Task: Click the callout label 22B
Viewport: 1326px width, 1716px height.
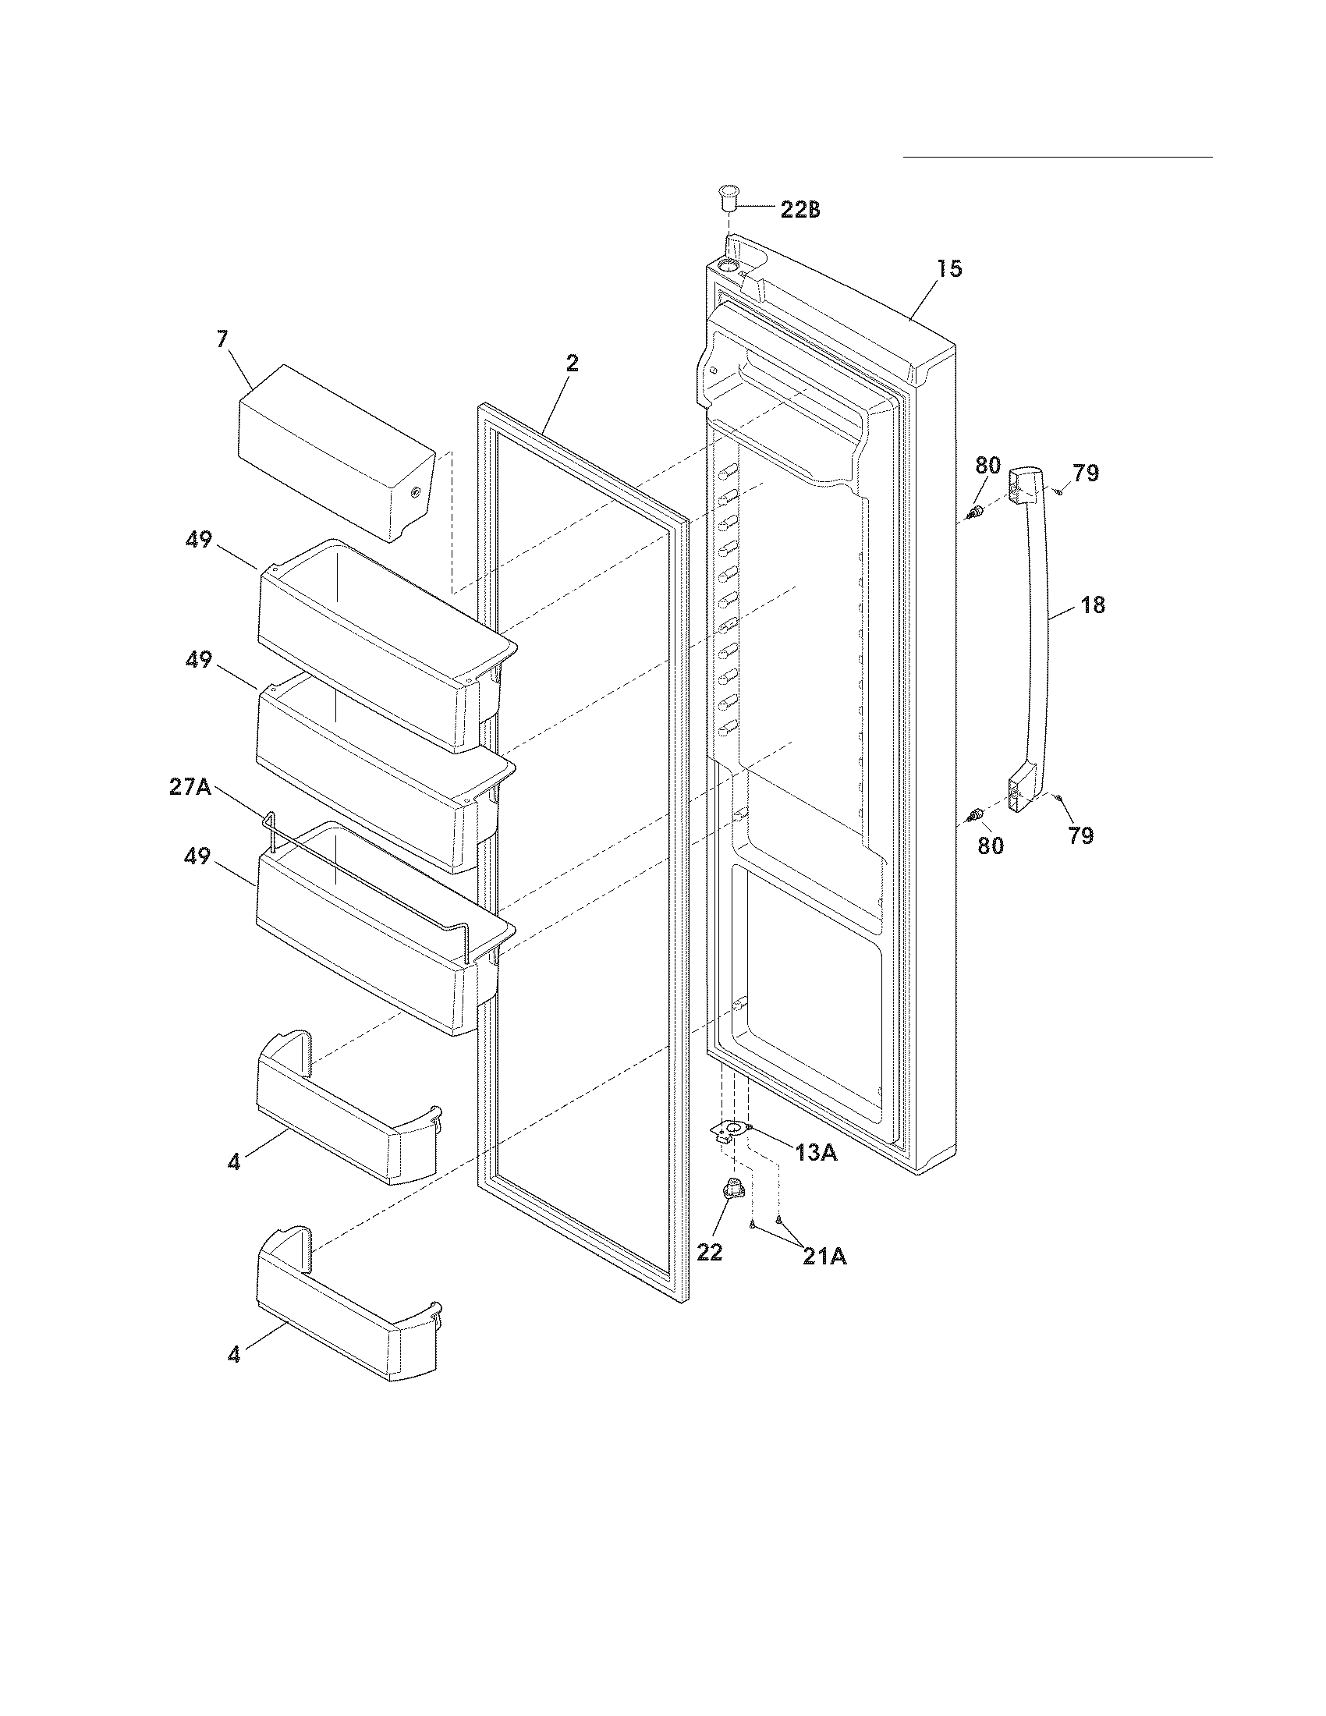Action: [x=799, y=210]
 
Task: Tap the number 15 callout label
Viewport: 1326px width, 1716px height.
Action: [x=949, y=269]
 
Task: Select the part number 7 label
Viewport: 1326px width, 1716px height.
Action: [x=222, y=339]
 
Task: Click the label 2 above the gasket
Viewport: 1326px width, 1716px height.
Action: [x=572, y=363]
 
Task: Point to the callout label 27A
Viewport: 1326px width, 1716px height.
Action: [x=190, y=786]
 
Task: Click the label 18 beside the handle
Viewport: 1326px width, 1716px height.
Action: [x=1093, y=605]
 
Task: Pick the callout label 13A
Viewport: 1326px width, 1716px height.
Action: [x=815, y=1153]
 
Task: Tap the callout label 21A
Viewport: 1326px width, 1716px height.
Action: [x=824, y=1257]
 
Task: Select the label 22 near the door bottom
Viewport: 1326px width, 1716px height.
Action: [x=709, y=1253]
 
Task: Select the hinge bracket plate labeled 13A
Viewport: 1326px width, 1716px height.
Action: [x=731, y=1130]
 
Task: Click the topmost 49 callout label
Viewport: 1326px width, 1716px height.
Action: [x=199, y=540]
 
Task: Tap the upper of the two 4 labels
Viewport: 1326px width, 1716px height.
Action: [x=233, y=1161]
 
